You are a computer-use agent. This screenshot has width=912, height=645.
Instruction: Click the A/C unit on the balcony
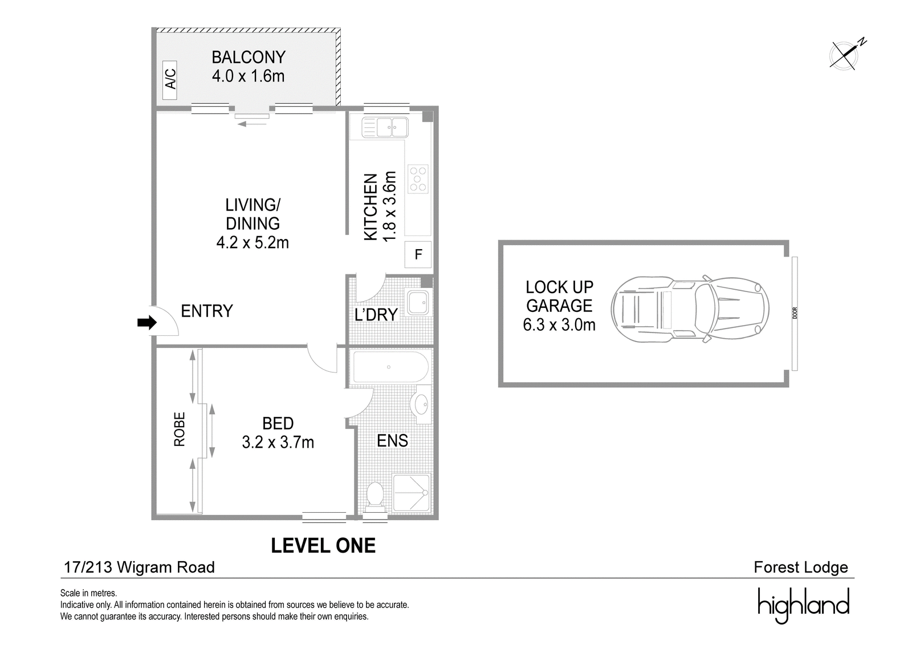[x=170, y=80]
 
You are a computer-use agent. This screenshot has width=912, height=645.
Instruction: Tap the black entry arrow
[x=147, y=323]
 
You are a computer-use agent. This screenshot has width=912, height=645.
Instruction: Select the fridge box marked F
[x=418, y=255]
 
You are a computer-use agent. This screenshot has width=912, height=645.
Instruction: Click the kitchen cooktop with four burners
[x=418, y=179]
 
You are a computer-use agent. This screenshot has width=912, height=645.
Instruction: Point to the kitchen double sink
[x=385, y=127]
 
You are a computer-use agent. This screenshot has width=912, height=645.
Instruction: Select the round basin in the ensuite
[x=420, y=404]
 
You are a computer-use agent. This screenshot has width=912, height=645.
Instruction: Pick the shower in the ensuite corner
[x=411, y=493]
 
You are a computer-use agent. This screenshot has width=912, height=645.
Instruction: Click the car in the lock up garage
[x=690, y=309]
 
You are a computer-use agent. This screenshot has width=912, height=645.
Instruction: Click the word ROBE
[x=180, y=429]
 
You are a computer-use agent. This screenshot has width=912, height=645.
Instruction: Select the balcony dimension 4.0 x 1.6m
[x=248, y=76]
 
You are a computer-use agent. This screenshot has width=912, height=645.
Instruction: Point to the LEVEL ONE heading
[x=323, y=546]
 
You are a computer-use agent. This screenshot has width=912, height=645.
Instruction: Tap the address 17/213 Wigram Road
[x=139, y=567]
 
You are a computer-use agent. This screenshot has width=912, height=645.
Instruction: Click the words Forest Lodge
[x=801, y=567]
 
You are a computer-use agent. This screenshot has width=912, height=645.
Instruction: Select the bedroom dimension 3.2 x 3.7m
[x=278, y=442]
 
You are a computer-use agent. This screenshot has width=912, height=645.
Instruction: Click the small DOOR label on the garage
[x=795, y=313]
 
